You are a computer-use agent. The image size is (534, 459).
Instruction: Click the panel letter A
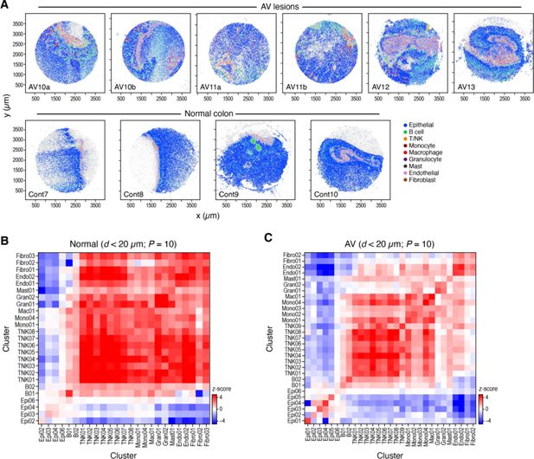click(x=4, y=6)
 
